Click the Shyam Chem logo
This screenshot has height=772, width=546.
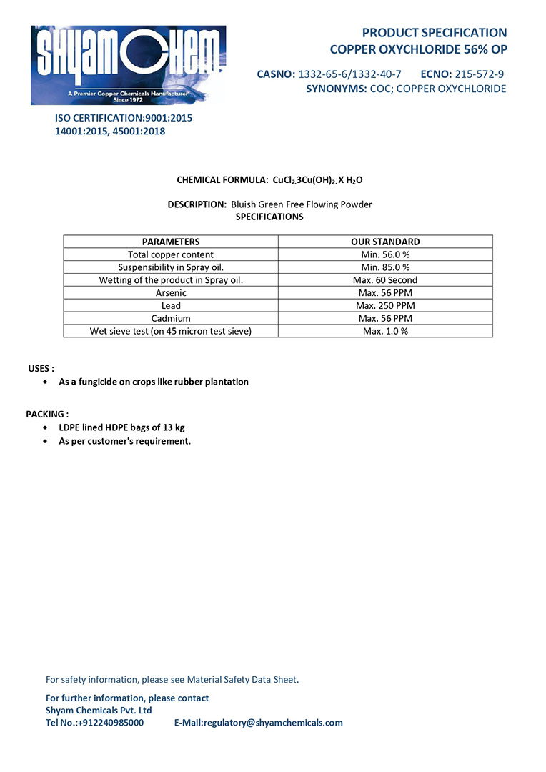pos(128,65)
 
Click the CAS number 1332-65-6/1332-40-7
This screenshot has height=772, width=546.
pos(349,74)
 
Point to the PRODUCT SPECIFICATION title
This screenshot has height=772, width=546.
pos(434,33)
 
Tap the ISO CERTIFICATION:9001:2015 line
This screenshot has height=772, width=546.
pos(124,118)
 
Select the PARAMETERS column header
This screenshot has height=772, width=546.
pos(171,242)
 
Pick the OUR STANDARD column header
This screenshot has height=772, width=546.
pos(385,242)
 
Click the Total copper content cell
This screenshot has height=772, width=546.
pos(171,254)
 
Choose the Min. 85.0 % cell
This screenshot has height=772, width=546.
pos(385,267)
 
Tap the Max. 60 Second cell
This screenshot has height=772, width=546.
pos(385,280)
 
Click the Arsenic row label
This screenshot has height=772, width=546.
pos(171,293)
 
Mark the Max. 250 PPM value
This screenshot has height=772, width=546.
pos(385,306)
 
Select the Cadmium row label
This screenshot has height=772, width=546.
pos(171,319)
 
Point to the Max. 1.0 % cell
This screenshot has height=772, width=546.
pos(385,332)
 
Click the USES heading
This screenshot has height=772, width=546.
pos(41,369)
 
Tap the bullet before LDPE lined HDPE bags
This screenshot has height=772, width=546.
pos(46,427)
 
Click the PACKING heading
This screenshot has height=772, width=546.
pos(47,415)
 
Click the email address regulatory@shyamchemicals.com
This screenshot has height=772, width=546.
pos(272,723)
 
